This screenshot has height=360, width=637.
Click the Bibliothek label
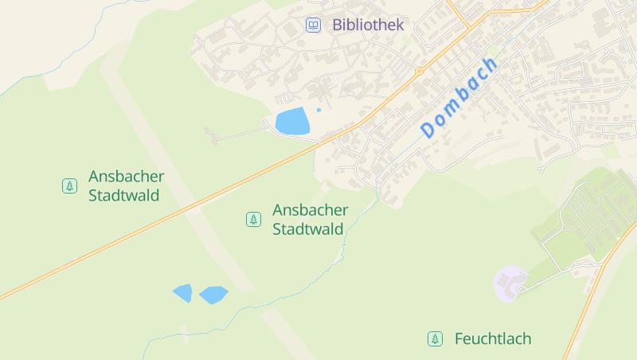(368, 25)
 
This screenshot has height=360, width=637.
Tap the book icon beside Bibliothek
(314, 25)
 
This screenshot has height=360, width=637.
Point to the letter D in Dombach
(429, 128)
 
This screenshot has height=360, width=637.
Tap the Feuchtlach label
(492, 339)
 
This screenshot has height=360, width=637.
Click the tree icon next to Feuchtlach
(435, 339)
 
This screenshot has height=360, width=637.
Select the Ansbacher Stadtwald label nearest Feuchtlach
(310, 219)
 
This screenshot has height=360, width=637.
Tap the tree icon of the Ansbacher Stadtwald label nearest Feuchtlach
(253, 219)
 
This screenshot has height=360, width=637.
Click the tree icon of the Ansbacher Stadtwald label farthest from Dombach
(69, 186)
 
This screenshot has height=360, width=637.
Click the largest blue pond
(292, 122)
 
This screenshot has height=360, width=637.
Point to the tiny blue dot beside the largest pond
(318, 110)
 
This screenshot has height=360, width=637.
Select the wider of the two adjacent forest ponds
(213, 295)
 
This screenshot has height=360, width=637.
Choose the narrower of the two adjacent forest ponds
(183, 293)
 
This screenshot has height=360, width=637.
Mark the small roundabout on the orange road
(419, 71)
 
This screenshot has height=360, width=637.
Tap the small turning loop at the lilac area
(521, 289)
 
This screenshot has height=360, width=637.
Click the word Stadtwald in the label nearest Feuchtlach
(307, 229)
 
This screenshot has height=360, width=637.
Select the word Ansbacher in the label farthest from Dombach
(126, 176)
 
